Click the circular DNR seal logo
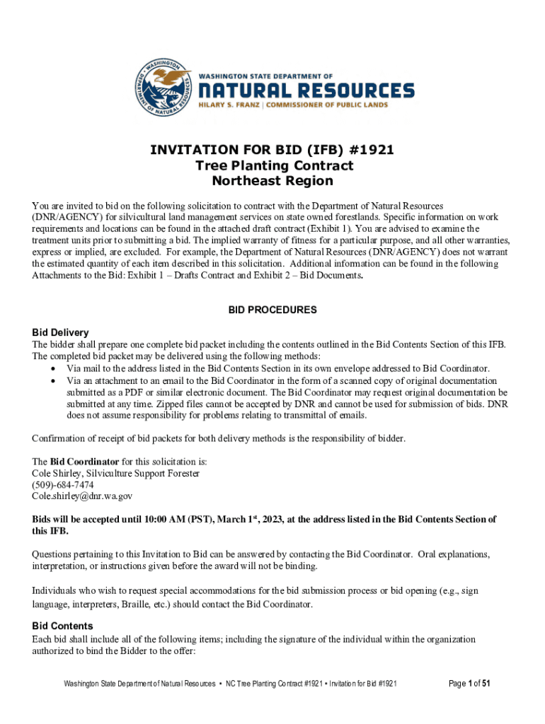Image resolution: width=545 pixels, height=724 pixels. pos(162,88)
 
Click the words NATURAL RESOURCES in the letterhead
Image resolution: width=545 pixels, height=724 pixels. pos(305,90)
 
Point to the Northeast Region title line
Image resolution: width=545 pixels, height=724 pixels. pos(273,181)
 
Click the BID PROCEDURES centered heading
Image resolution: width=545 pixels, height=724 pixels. pos(272,310)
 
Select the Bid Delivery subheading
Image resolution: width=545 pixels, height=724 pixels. pos(60,332)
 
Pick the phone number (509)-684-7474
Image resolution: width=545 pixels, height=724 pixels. pos(63,484)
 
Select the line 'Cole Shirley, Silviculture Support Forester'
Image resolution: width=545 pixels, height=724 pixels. pos(116,473)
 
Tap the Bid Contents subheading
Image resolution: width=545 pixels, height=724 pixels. pos(63,626)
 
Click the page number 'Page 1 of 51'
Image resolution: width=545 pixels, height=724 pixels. pos(470,683)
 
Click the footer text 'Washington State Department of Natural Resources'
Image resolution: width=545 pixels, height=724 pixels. pos(139,684)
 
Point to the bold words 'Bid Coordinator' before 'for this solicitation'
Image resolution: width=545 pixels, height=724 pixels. pos(79,461)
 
